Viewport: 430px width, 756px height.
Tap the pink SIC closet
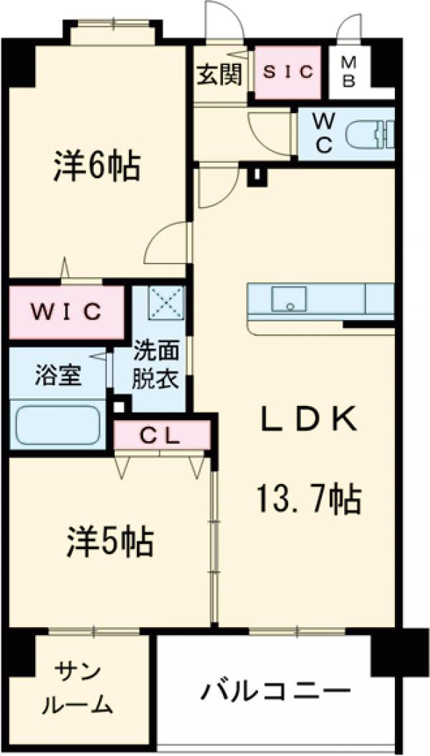click(x=287, y=72)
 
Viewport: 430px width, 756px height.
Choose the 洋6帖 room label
click(x=96, y=167)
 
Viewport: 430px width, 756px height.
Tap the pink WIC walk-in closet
click(x=67, y=312)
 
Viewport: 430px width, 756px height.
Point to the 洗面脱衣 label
click(x=156, y=366)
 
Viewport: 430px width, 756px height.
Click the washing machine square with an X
click(x=166, y=302)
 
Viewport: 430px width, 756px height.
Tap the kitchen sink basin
click(x=289, y=299)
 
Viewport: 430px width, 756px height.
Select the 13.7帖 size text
click(x=308, y=499)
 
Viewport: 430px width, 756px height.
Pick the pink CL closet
click(x=163, y=435)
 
